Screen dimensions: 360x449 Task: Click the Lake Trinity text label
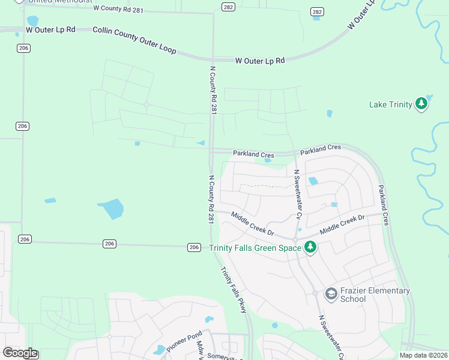390,105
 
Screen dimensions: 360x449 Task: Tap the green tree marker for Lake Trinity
422,104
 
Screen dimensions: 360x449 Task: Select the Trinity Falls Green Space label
255,248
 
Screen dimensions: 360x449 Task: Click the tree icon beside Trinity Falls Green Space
310,247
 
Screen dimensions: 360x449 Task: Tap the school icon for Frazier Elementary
331,294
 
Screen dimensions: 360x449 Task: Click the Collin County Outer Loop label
134,40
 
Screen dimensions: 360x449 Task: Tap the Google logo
20,352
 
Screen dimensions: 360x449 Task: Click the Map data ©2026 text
423,355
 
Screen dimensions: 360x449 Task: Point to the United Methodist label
56,2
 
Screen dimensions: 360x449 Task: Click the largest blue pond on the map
112,209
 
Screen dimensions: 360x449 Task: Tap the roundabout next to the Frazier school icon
315,293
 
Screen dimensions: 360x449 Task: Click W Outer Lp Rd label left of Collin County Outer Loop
50,29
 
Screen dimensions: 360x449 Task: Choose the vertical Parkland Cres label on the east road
384,205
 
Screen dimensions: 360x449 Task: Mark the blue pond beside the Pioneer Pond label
160,349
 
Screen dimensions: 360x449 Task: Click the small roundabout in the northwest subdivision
146,104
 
